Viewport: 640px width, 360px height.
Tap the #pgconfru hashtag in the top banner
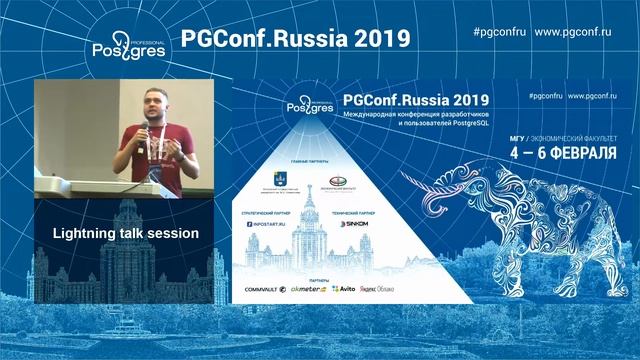498,31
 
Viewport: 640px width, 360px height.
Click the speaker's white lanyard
158,140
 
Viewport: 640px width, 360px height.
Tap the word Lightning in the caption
90,233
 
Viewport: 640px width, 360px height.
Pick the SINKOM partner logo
357,225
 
